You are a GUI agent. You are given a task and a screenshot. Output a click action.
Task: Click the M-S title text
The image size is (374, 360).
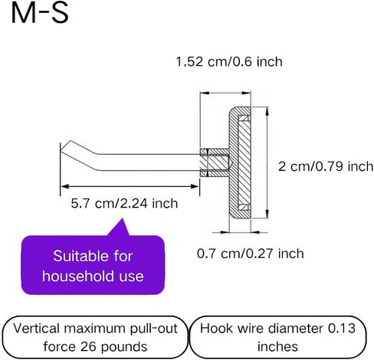(x=40, y=13)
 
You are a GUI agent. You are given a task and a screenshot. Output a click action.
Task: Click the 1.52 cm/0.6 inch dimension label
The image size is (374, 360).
(x=229, y=62)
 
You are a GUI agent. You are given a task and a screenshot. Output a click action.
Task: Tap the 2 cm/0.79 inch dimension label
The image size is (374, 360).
(x=326, y=166)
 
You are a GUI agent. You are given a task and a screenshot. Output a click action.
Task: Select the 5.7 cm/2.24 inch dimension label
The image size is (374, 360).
(x=124, y=204)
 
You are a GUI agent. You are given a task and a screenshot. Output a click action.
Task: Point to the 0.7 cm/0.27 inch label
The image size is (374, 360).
(x=251, y=254)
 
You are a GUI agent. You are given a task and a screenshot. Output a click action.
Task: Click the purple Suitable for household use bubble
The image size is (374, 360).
(x=93, y=265)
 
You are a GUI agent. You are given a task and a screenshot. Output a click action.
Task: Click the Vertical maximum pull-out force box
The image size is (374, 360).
(x=95, y=337)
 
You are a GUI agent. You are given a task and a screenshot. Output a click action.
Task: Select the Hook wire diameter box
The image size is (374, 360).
(x=277, y=337)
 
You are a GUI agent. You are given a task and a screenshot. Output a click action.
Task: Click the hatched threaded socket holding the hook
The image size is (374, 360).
(x=215, y=162)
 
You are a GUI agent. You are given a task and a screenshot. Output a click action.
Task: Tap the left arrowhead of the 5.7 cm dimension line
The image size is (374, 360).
(x=65, y=187)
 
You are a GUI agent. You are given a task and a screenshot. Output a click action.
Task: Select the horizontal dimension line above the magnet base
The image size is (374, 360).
(x=225, y=93)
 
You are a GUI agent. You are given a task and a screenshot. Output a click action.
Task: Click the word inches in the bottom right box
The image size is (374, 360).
(x=277, y=347)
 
